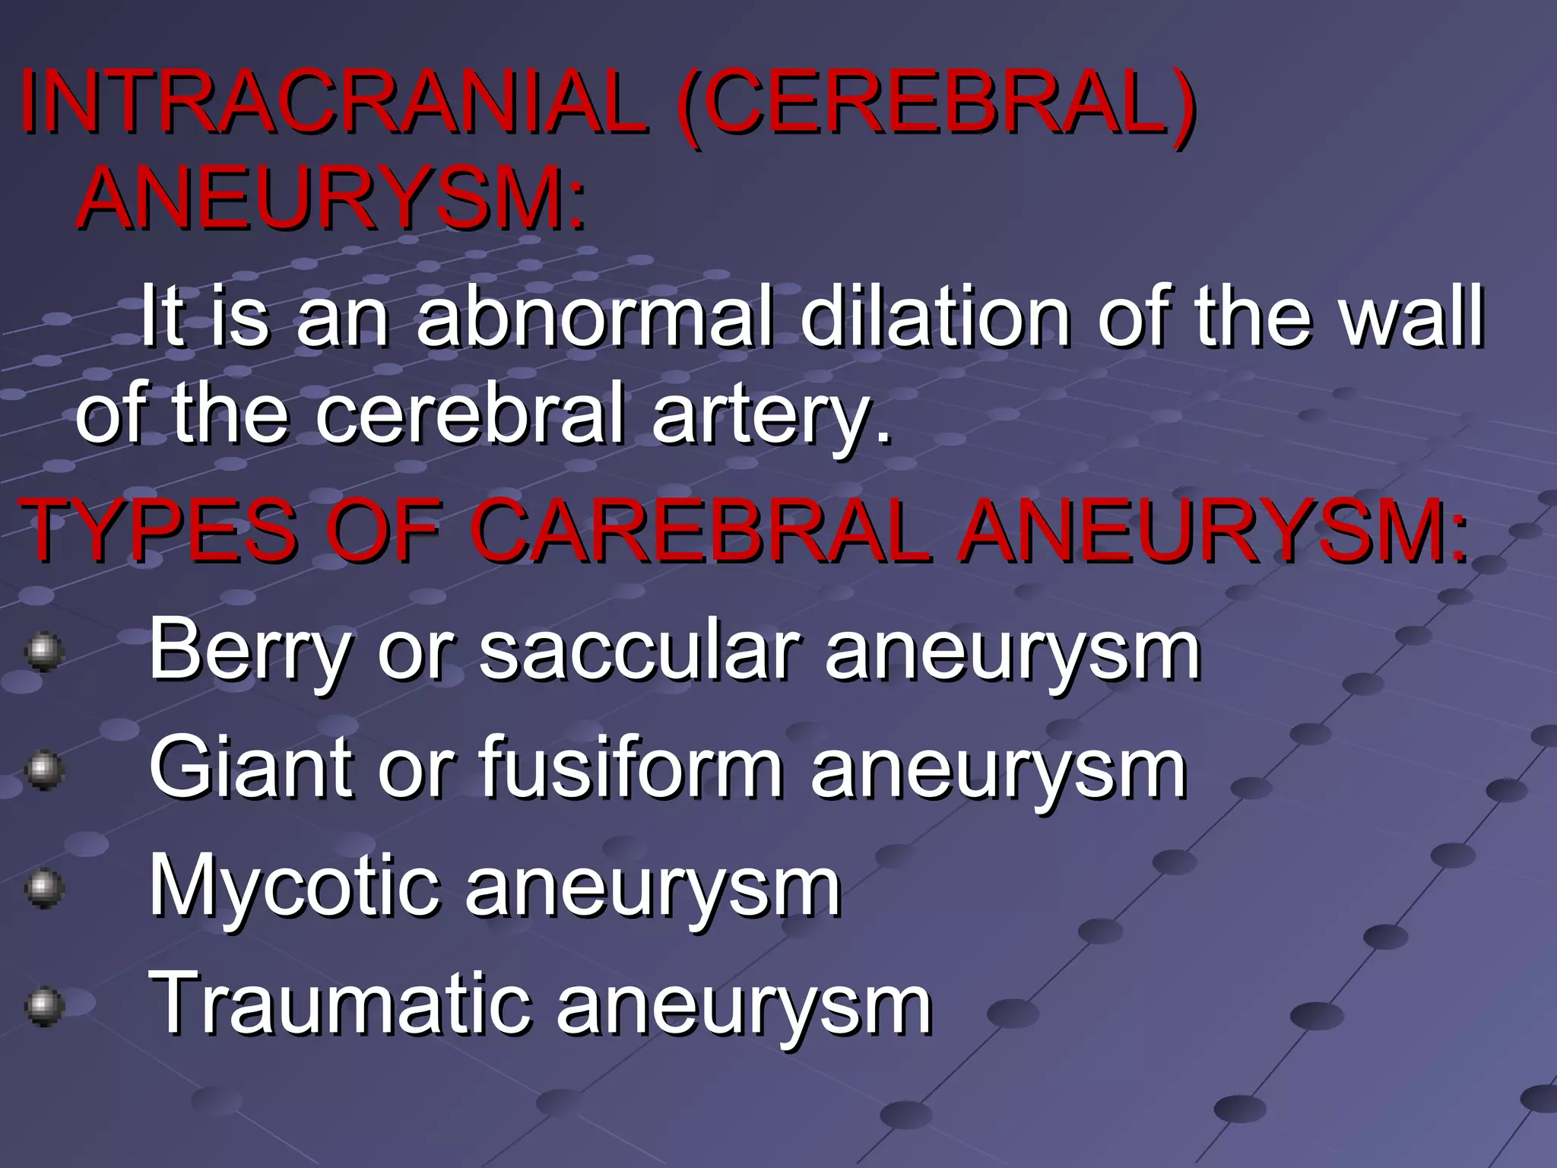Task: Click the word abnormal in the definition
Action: (x=594, y=316)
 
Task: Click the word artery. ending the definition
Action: (x=771, y=415)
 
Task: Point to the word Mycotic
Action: (x=293, y=887)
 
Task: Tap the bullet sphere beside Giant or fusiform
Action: (x=43, y=770)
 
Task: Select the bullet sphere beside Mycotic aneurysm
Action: (x=43, y=887)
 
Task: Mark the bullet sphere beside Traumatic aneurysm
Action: (x=43, y=1006)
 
